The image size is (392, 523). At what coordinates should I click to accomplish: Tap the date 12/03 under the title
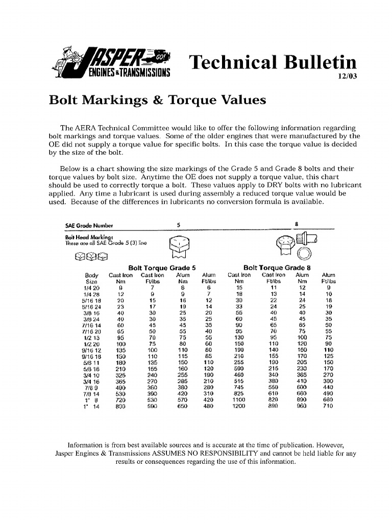(x=347, y=77)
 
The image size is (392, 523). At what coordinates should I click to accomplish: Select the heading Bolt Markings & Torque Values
(x=157, y=100)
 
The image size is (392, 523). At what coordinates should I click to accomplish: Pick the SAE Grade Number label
(x=89, y=224)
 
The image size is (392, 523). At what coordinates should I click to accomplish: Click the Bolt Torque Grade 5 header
(x=162, y=268)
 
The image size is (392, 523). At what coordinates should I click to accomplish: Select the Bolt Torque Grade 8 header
(x=277, y=268)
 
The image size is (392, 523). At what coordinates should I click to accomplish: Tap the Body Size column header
(x=92, y=278)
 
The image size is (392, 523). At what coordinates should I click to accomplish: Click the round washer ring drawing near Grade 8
(x=303, y=254)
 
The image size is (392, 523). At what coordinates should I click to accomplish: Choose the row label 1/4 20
(x=92, y=288)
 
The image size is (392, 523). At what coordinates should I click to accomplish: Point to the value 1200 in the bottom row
(x=238, y=407)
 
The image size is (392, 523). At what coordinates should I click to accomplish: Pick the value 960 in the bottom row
(x=302, y=407)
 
